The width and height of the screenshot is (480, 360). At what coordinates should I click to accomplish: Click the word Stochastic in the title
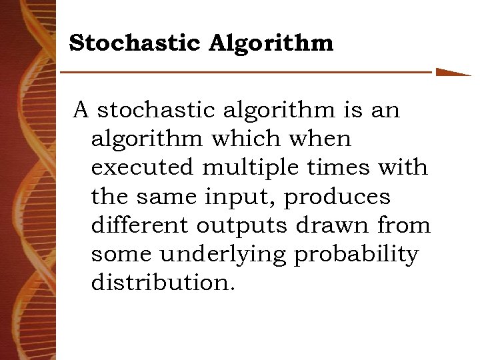pos(134,44)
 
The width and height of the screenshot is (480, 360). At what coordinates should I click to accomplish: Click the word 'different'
pos(139,225)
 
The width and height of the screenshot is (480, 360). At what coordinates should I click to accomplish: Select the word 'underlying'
pos(221,254)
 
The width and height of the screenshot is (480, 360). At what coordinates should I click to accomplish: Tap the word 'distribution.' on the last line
pos(163,283)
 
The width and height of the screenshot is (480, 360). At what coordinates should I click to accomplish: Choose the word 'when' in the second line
pos(323,139)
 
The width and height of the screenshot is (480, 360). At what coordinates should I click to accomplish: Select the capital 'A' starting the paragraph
pos(81,110)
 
